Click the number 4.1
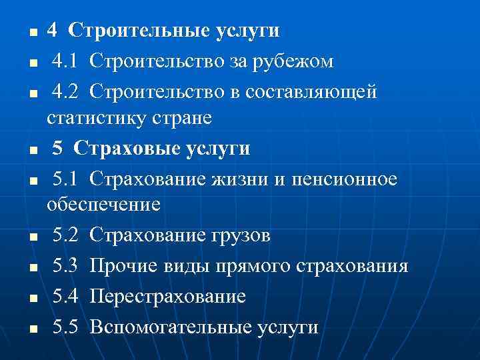[67, 62]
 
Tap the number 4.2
[67, 91]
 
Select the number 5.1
[67, 179]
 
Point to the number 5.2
[67, 235]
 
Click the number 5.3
[67, 267]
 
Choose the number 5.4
[67, 297]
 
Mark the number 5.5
[67, 327]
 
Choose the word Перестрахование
[167, 297]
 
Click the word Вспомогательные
[165, 327]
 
